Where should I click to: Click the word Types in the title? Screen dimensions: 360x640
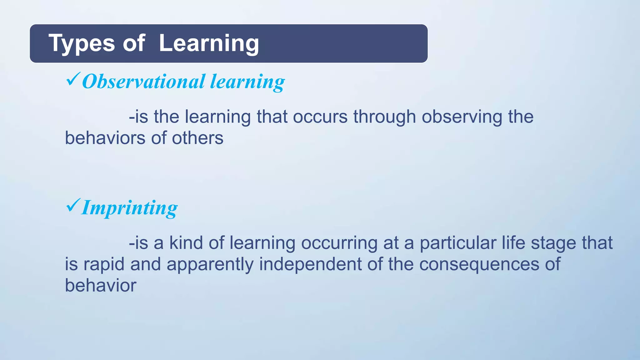[x=82, y=43]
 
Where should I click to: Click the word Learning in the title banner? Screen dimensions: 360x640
[x=209, y=43]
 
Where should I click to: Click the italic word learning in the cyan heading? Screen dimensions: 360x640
[x=247, y=82]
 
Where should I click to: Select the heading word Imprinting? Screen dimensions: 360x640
[x=129, y=208]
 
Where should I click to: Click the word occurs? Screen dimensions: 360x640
[x=320, y=117]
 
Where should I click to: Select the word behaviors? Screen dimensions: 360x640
[x=105, y=138]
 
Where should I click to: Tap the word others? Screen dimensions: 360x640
[x=197, y=138]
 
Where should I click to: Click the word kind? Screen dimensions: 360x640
[x=186, y=243]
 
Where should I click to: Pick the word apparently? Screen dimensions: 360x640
[x=210, y=264]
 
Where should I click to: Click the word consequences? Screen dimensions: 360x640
[x=479, y=264]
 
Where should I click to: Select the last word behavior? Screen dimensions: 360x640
[x=101, y=286]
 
